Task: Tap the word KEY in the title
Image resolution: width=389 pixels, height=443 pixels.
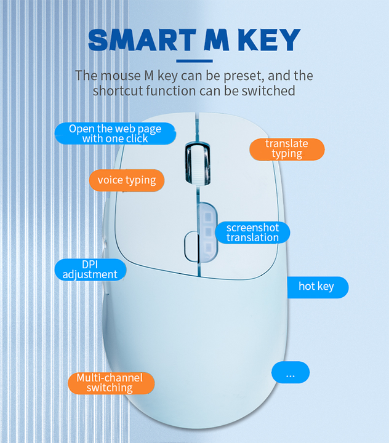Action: (x=269, y=40)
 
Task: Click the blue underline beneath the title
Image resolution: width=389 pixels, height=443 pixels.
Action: (x=194, y=61)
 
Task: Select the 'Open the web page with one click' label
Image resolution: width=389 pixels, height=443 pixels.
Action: (x=115, y=134)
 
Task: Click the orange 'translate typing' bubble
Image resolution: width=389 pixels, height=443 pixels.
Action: (x=287, y=149)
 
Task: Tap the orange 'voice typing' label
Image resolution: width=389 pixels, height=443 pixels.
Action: (x=127, y=180)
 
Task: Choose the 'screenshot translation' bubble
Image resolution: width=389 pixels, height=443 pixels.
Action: (x=252, y=233)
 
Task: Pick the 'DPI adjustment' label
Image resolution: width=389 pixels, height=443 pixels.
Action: (x=90, y=270)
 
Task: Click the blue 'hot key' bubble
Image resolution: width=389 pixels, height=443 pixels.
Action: (x=318, y=287)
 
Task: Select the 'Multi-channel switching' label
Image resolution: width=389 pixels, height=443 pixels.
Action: (x=111, y=383)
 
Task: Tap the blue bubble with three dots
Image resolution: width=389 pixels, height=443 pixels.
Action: (x=291, y=372)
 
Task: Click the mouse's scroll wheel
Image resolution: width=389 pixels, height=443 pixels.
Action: (x=198, y=165)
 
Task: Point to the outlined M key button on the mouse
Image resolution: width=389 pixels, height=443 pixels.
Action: (x=191, y=245)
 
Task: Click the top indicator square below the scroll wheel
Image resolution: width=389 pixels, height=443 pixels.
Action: (x=208, y=217)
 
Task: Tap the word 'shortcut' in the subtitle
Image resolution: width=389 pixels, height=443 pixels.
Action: (x=116, y=91)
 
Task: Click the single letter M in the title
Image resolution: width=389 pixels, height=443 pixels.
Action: (x=217, y=40)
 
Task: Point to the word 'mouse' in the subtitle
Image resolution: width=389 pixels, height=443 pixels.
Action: (x=121, y=76)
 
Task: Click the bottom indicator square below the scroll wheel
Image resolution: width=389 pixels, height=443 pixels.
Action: (x=208, y=248)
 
